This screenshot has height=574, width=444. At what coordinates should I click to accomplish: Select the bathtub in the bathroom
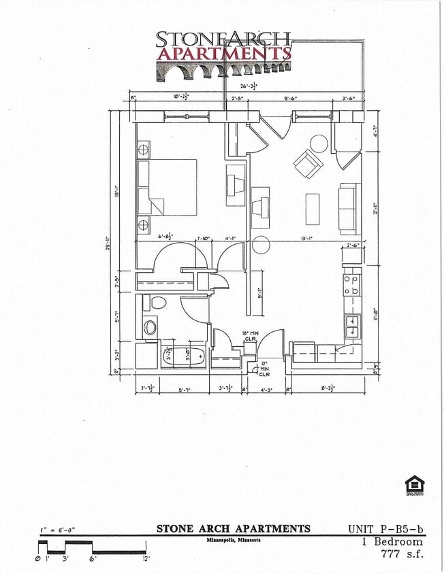coord(183,355)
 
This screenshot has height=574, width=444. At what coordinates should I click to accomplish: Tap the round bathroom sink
coord(149,327)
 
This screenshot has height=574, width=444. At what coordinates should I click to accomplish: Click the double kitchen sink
coord(352,326)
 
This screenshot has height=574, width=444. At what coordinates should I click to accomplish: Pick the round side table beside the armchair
coord(319,143)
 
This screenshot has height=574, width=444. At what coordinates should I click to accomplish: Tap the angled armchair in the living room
coord(308,164)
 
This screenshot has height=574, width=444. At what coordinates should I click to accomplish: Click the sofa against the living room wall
coord(349,209)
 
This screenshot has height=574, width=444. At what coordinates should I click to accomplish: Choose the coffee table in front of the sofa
coord(313,209)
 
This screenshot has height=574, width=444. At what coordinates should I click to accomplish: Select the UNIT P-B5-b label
coord(385,528)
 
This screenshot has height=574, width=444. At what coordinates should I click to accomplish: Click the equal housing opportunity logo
coord(415,486)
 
